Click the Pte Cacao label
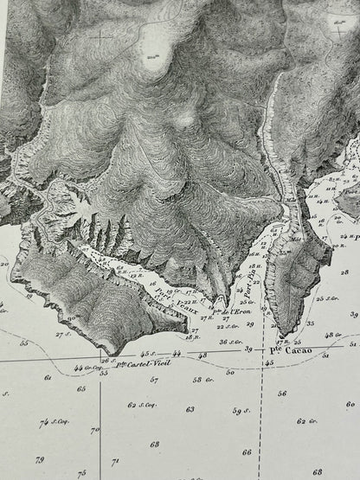(x=300, y=353)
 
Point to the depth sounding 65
(x=81, y=389)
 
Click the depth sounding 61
(x=48, y=378)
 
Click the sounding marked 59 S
(x=240, y=410)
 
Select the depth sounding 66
(x=247, y=451)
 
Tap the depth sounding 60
(x=349, y=404)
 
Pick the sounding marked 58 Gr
(x=202, y=379)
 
